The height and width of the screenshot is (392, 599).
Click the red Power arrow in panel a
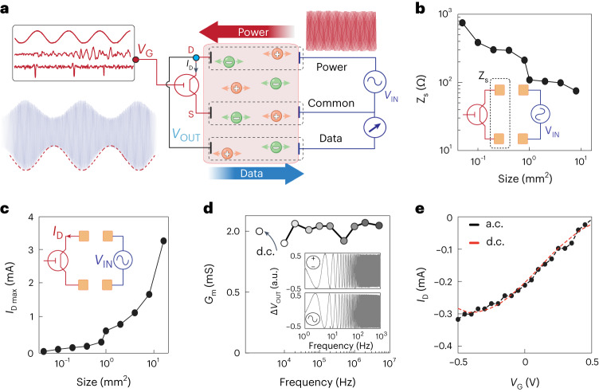246,32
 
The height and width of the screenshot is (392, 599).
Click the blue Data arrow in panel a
256,174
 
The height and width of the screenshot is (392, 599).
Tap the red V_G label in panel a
145,50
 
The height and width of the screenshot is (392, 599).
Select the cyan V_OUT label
186,135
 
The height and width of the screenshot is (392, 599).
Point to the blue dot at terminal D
196,57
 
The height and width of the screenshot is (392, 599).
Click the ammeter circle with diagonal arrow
374,127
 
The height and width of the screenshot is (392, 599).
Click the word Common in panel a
331,103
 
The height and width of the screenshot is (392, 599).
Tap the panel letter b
420,9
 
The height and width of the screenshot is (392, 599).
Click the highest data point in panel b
462,23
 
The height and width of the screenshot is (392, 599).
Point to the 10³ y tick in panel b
444,14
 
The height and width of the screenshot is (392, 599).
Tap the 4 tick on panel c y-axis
31,218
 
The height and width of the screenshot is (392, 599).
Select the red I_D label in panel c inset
57,233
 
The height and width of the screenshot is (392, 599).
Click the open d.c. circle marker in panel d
260,231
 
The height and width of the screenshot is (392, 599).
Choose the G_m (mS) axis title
209,284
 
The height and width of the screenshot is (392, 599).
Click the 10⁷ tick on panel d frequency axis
389,363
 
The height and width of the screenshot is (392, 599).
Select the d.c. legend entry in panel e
487,242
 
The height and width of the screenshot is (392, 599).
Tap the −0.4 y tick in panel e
443,346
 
